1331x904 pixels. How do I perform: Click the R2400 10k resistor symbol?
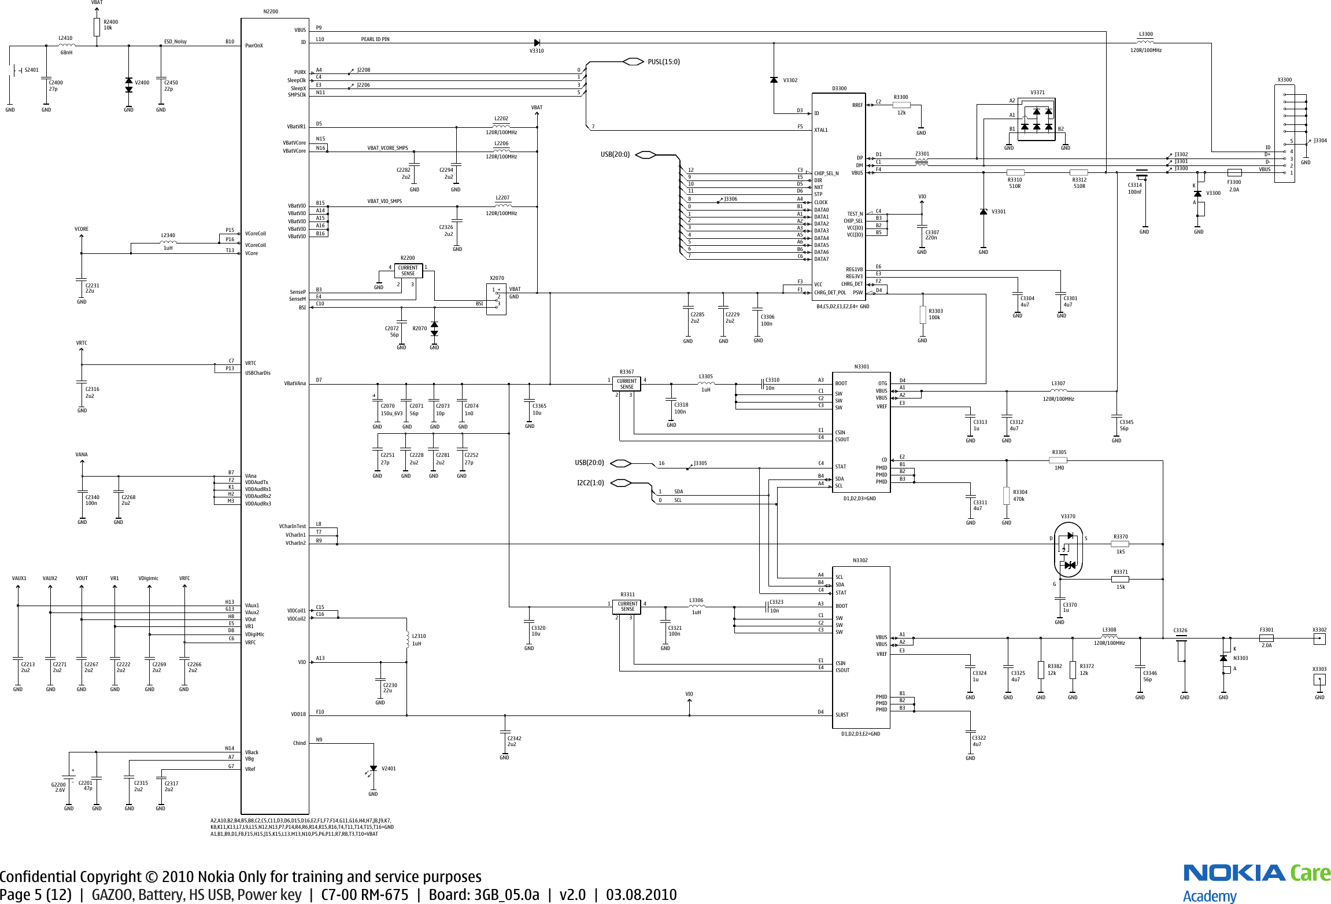97,27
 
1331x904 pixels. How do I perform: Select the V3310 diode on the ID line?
537,43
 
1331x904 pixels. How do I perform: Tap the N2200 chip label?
271,12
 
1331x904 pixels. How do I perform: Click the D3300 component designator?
839,88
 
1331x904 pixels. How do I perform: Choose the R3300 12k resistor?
901,105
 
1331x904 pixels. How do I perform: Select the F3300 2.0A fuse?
1234,172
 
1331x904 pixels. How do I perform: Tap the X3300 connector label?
1284,80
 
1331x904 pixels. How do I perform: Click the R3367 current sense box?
627,384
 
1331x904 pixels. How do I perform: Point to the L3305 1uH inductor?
705,383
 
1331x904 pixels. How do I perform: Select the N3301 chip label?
862,367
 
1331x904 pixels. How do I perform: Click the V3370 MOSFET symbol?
1068,549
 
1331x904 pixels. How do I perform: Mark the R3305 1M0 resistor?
1058,460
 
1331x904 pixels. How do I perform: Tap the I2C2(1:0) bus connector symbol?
620,483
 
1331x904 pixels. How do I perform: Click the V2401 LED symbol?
373,769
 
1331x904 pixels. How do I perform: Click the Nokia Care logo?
1256,882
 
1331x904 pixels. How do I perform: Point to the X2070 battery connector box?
496,299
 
